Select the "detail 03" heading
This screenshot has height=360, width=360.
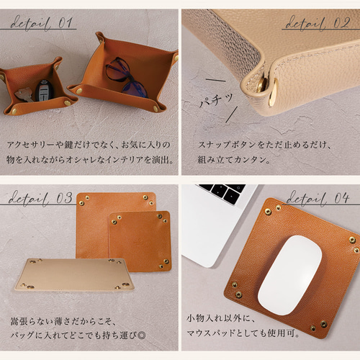point(41,197)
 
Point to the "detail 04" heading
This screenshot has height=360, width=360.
point(318,197)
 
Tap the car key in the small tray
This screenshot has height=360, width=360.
point(45,91)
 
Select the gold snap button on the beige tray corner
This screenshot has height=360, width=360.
point(273,89)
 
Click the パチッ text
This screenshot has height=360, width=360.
point(215,102)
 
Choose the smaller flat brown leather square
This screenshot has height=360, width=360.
point(140,240)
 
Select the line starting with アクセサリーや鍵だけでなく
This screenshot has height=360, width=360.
point(90,144)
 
